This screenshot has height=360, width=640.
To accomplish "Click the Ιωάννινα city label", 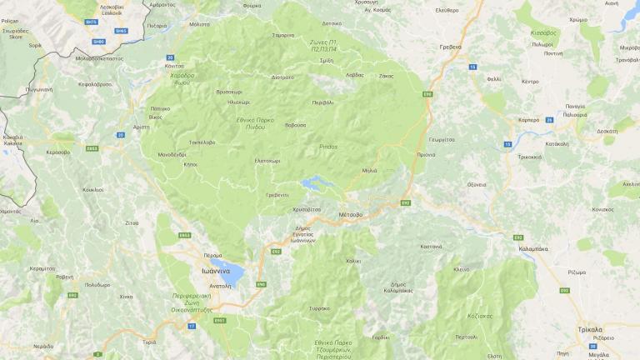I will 215,270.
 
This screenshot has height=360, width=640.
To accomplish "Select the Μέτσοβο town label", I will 351,214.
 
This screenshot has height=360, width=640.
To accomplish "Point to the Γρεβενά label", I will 450,47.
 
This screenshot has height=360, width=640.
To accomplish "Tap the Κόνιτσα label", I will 174,65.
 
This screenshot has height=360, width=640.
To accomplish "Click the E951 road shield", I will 220,320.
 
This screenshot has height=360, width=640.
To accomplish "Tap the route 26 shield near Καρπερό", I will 549,120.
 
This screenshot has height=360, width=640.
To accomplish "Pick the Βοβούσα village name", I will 296,125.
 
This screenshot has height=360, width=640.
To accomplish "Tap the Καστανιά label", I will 431,247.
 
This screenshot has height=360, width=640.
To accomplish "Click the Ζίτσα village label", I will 132,222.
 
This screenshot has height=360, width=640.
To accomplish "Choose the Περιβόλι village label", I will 322,102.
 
